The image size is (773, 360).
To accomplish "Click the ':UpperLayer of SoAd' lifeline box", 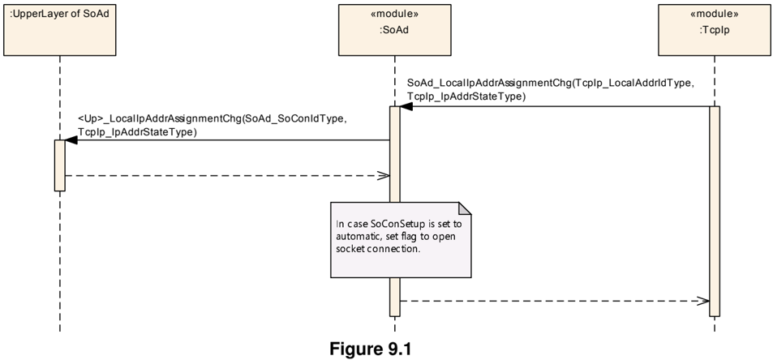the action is coord(60,30).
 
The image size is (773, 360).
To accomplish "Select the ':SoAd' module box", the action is coord(394,30).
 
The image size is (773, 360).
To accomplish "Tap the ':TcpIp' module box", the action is coord(714,30).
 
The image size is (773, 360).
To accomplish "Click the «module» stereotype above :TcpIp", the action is coord(714,14).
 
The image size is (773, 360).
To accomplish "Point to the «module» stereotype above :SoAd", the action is coord(394,14).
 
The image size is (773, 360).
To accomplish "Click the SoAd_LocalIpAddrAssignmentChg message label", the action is coord(551,90).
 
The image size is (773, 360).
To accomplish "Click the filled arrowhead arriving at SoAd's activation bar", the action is coord(406,106).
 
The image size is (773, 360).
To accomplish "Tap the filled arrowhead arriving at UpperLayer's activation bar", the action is coord(71,139).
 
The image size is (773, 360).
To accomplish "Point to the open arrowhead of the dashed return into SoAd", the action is coord(384,175).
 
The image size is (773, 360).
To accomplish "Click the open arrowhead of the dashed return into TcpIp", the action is coord(703,301).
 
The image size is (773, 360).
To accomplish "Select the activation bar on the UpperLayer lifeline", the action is coord(60,165).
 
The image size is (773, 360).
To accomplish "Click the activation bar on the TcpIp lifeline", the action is coord(715,212).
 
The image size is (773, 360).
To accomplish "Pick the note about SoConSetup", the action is coord(401,239).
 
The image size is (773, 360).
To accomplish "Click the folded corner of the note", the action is coord(465,208).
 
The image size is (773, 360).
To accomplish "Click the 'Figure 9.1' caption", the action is coord(370,349).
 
